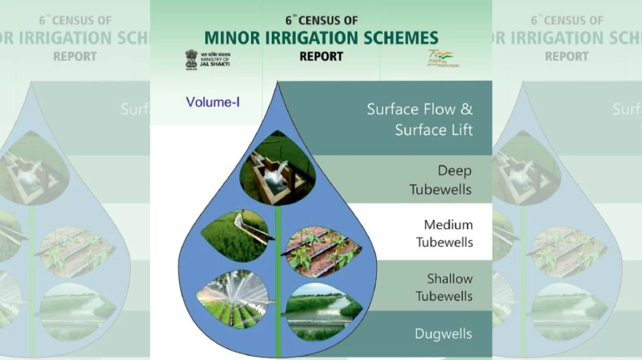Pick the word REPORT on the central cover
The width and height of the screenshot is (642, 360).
(321, 57)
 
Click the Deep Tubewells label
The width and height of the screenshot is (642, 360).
(440, 180)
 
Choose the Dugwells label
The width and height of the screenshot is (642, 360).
(443, 334)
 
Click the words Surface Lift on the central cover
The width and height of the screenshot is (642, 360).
(434, 130)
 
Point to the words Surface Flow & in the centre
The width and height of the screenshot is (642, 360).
(419, 109)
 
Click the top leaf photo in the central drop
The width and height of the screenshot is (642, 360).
(276, 169)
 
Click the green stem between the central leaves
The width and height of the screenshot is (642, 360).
(277, 275)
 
